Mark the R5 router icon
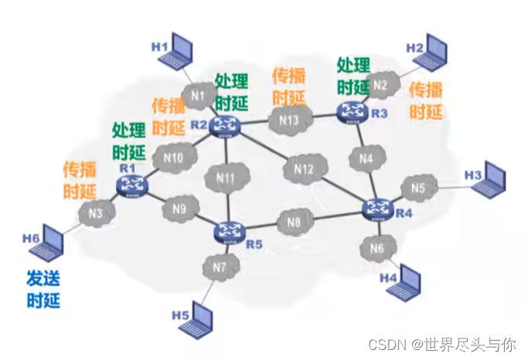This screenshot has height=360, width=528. [229, 229]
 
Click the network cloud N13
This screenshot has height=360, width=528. [288, 120]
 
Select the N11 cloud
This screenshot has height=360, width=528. [224, 178]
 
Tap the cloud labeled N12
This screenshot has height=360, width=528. [304, 168]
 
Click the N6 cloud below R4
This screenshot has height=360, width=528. [377, 248]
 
